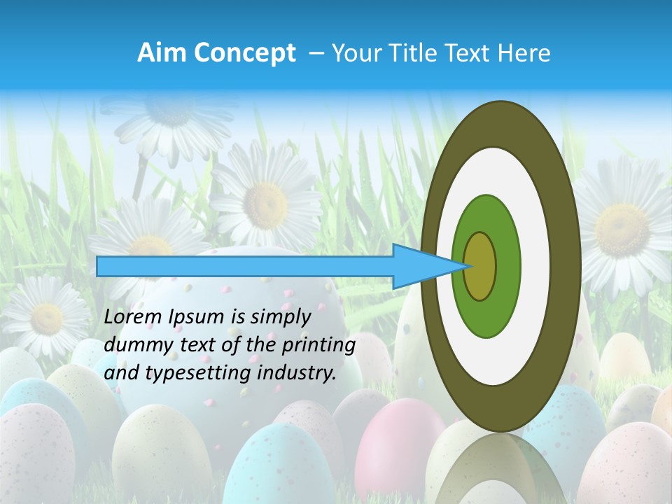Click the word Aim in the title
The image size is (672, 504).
tap(162, 53)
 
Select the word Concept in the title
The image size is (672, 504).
tap(244, 53)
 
